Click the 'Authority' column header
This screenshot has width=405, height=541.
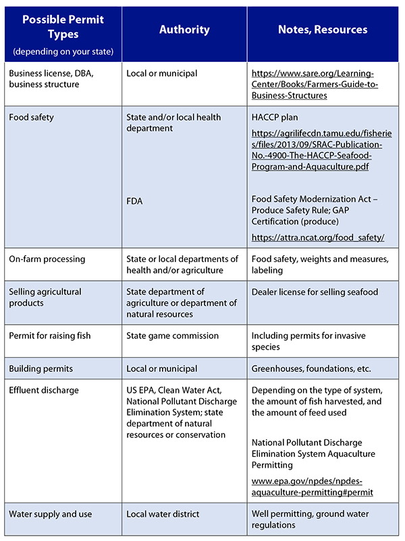[x=184, y=30]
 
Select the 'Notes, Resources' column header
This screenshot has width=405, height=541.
[x=323, y=30]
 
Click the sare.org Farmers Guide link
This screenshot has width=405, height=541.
[x=315, y=84]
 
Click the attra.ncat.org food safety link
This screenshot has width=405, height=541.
[x=317, y=237]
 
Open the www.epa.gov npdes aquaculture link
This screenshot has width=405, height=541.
[x=312, y=487]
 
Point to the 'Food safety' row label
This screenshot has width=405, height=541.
[x=31, y=117]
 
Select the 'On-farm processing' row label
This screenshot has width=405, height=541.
[x=47, y=259]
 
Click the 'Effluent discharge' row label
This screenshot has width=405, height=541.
[x=44, y=389]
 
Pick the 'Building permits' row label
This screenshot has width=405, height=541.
[x=42, y=369]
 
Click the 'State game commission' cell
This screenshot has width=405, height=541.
[x=172, y=336]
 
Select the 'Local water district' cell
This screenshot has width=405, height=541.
[x=163, y=514]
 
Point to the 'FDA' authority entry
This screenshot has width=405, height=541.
[x=135, y=200]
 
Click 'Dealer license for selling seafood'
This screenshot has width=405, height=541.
[x=315, y=292]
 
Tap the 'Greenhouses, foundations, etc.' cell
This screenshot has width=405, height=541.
[x=311, y=369]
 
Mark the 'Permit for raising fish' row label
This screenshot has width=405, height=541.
[x=49, y=336]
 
